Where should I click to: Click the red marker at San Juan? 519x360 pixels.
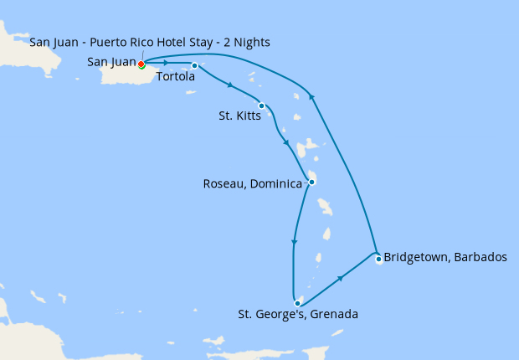point(141,64)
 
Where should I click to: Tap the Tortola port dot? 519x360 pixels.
point(194,65)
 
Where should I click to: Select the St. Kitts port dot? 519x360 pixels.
point(262,105)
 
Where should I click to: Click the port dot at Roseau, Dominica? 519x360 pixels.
point(311,182)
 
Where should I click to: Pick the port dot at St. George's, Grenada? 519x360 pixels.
point(296,303)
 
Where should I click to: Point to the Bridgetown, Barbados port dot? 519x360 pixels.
point(378,259)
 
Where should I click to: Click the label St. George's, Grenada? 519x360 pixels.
point(298,316)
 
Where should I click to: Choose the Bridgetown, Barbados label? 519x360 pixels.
point(444,257)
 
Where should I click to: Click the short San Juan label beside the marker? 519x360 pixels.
point(111,62)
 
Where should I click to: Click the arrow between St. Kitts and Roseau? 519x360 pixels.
point(287,142)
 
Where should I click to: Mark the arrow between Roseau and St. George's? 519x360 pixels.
point(293,244)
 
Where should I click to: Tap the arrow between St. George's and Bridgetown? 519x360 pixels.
point(340,278)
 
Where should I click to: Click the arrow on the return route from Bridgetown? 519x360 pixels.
point(313,95)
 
